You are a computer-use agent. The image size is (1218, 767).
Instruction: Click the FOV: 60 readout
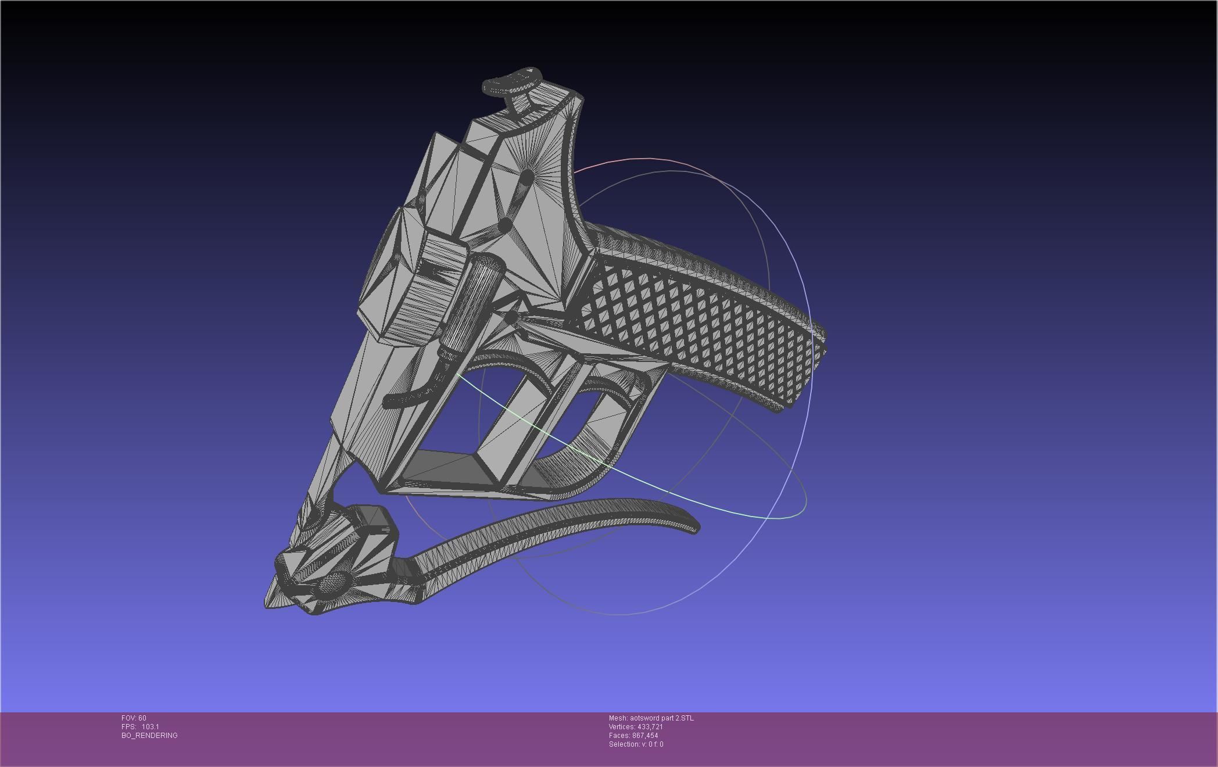pyautogui.click(x=134, y=718)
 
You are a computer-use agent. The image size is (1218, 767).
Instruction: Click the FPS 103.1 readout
pyautogui.click(x=140, y=727)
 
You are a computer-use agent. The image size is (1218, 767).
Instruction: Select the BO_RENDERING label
pyautogui.click(x=149, y=736)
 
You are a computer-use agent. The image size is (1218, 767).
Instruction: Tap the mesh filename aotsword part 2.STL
pyautogui.click(x=651, y=718)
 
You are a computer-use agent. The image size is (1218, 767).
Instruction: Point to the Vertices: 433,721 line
pyautogui.click(x=636, y=727)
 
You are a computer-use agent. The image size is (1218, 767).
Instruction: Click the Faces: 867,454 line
pyautogui.click(x=633, y=736)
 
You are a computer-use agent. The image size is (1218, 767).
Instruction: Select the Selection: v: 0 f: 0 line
pyautogui.click(x=636, y=744)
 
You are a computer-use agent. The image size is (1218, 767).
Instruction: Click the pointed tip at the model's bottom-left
pyautogui.click(x=270, y=602)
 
